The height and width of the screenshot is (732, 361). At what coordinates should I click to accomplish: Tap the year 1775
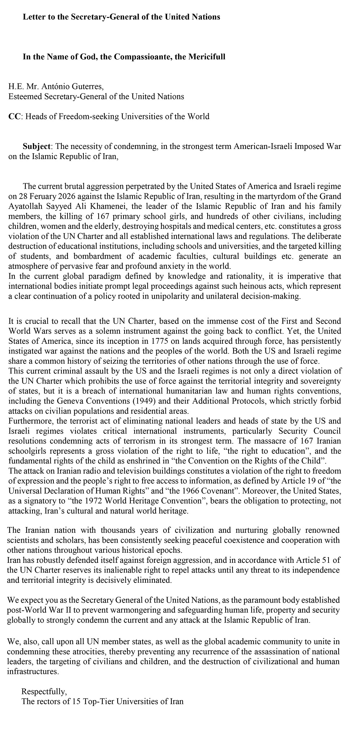162,341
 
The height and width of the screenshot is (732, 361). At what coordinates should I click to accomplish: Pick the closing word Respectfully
44,692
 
